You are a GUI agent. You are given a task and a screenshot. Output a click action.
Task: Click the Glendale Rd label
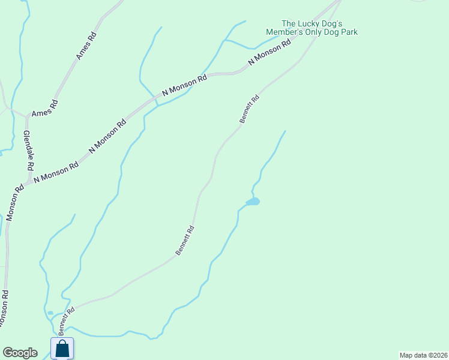tap(29, 151)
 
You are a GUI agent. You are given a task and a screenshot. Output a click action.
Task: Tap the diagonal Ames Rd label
tap(86, 46)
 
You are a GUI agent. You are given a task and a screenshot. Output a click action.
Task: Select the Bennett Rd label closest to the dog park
tap(249, 109)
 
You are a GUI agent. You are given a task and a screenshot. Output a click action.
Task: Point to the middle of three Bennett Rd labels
tap(185, 240)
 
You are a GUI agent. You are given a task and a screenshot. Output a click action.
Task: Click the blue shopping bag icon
tap(62, 348)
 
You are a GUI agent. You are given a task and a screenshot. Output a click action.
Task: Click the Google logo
tap(19, 353)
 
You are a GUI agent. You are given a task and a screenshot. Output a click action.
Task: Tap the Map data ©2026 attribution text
tap(423, 355)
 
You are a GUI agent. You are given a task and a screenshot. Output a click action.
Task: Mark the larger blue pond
tap(253, 202)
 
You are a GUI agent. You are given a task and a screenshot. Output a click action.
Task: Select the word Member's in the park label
tap(286, 32)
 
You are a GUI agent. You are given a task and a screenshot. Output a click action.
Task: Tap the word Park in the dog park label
tap(348, 32)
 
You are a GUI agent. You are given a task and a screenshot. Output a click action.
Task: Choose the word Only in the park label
tap(315, 32)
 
